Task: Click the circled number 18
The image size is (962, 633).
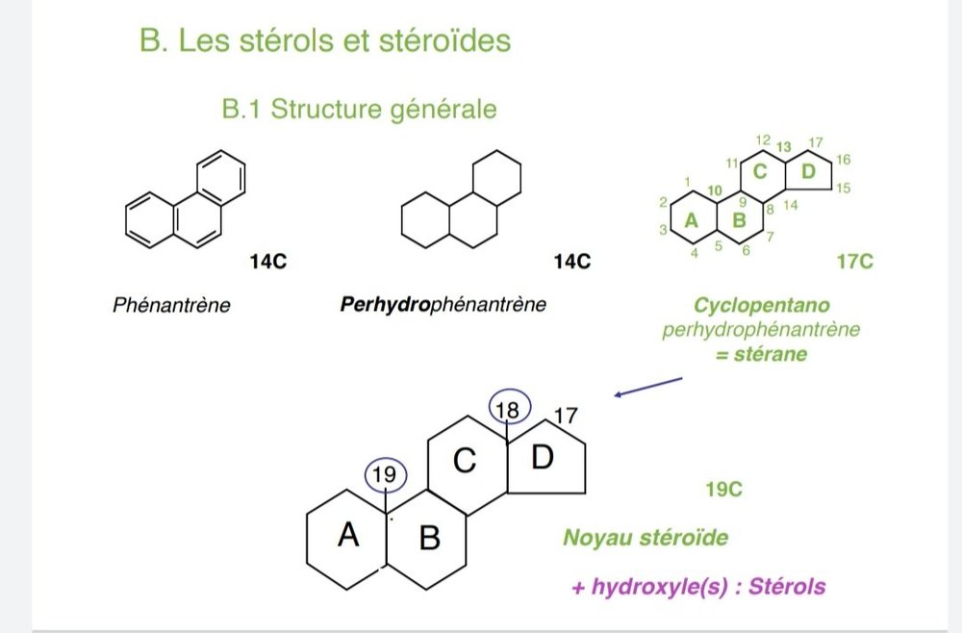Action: tap(507, 410)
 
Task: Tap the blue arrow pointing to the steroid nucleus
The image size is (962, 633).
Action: tap(648, 387)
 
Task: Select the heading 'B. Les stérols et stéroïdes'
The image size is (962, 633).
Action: tap(324, 42)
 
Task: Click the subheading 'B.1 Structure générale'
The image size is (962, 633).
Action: tap(360, 109)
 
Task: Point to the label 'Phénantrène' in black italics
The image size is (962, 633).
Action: tap(172, 307)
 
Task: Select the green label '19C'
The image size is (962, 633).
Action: tap(723, 490)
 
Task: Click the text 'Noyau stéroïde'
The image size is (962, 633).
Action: tap(646, 537)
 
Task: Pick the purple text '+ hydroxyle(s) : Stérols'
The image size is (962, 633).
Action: tap(697, 586)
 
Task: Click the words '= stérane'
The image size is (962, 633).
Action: tap(760, 354)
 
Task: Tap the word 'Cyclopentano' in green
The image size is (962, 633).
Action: tap(760, 307)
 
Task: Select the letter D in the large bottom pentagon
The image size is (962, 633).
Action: tap(543, 458)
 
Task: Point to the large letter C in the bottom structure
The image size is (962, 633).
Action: tap(466, 462)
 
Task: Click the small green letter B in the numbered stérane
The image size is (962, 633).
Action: tap(739, 220)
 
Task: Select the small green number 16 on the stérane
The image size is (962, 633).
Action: tap(844, 159)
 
